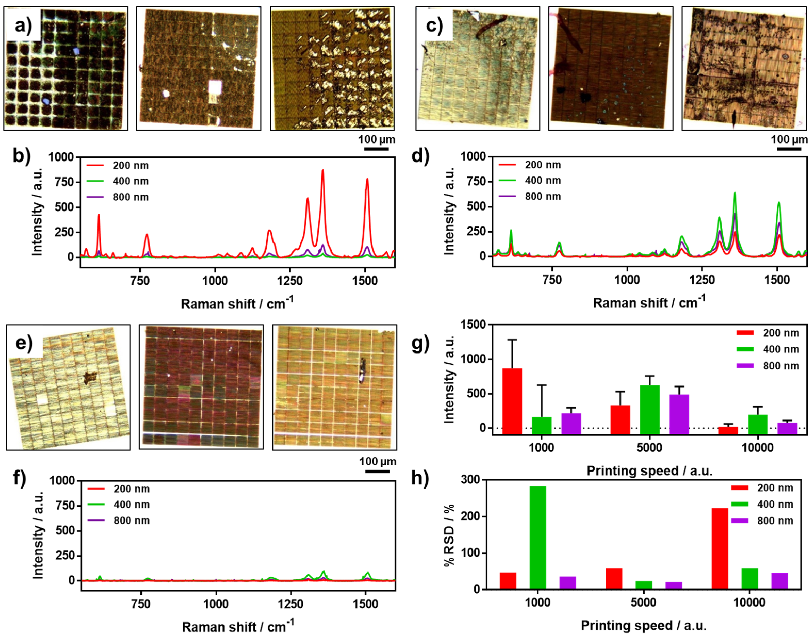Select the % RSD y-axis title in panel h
pos(449,535)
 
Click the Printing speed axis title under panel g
pos(649,471)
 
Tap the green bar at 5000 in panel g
pos(650,410)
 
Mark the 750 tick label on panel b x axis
pos(140,281)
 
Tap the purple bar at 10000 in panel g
pos(787,428)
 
